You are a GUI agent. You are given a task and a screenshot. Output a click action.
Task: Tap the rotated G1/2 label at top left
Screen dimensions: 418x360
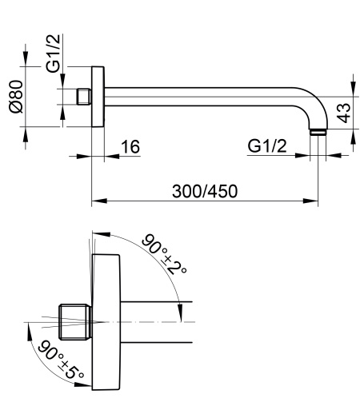[55, 54]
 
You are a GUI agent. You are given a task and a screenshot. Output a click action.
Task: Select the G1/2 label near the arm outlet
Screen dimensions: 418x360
[267, 146]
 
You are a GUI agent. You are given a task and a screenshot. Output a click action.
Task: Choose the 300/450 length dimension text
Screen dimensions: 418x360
[204, 191]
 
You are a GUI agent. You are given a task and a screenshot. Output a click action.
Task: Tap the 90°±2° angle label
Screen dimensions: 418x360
[164, 254]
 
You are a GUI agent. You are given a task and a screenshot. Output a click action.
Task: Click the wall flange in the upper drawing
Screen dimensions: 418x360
[99, 96]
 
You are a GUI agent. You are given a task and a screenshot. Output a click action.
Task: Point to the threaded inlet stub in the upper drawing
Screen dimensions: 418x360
[83, 96]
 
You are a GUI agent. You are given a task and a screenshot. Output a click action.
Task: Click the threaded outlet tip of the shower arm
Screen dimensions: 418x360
[318, 131]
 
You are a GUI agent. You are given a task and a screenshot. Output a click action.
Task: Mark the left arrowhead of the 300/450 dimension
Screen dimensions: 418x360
[96, 201]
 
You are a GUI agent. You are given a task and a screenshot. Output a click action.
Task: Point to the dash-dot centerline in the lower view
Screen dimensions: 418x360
[160, 320]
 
